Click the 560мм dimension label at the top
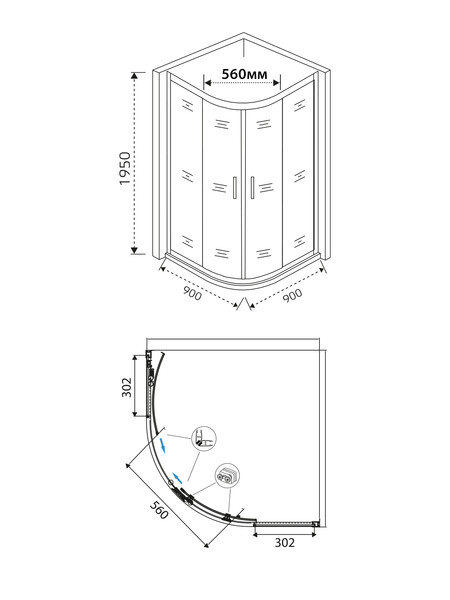[245, 74]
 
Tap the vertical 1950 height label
[126, 168]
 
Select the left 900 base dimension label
[191, 293]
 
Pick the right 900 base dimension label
[293, 295]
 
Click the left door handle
[234, 188]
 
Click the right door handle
[252, 188]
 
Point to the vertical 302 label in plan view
[127, 387]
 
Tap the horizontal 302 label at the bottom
[285, 543]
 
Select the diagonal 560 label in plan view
[159, 510]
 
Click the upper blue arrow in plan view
[163, 445]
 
